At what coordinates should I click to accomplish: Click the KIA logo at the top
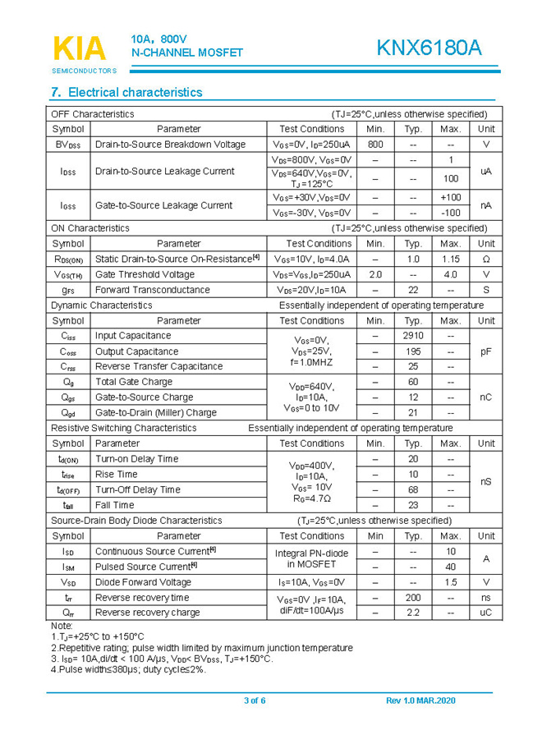coord(80,48)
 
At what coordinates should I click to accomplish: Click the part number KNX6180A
coord(429,48)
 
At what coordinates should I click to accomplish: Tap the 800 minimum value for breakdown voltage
coord(375,145)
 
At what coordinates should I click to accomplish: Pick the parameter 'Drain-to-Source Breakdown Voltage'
coord(170,145)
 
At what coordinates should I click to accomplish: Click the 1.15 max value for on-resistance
coord(450,259)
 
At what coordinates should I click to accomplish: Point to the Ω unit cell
coord(485,259)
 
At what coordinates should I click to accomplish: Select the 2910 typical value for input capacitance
coord(413,336)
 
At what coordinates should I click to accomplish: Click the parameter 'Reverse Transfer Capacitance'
coord(159,366)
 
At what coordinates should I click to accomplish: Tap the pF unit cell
coord(485,351)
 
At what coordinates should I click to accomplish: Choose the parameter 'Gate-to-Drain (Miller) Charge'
coord(156,413)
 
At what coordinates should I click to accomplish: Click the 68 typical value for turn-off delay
coord(413,489)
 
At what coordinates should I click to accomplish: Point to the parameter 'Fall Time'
coord(114,505)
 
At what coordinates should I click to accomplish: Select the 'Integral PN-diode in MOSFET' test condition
coord(311,558)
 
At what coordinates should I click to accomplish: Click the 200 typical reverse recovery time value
coord(413,597)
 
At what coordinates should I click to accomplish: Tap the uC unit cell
coord(485,613)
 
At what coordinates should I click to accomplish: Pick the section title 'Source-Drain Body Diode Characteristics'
coord(136,521)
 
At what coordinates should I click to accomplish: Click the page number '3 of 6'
coord(255,700)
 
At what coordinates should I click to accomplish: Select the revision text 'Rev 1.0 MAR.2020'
coord(420,700)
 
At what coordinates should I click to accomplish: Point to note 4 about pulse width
coord(128,669)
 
